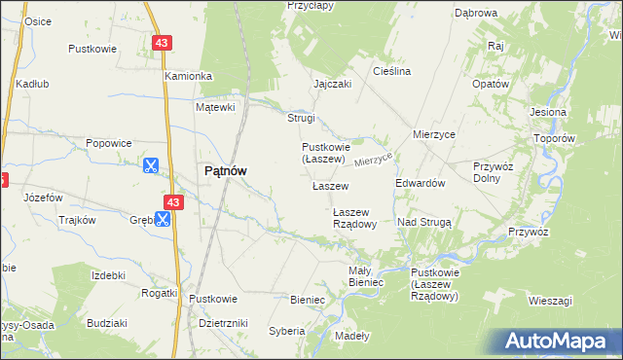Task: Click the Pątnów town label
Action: tap(224, 169)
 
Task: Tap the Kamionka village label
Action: tap(188, 76)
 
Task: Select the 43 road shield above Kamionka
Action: tap(162, 42)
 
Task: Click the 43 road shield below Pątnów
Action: tap(173, 201)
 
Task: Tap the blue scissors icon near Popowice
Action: tap(151, 165)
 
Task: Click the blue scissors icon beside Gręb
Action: tap(162, 220)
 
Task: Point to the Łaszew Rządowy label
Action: tap(354, 217)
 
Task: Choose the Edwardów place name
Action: tap(420, 183)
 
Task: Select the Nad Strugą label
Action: tap(423, 222)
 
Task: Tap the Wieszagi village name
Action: tap(549, 301)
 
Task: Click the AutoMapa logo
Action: tap(559, 341)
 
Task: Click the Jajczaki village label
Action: tap(332, 84)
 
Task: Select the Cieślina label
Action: tap(392, 72)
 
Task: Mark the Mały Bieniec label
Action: tap(366, 276)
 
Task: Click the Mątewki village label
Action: tap(216, 107)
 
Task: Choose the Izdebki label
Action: tap(108, 275)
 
